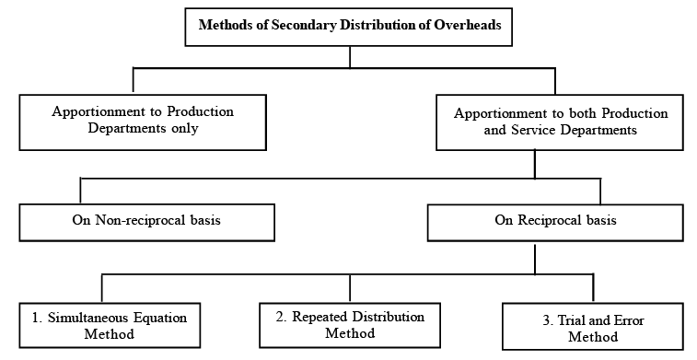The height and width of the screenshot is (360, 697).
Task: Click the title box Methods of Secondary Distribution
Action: click(350, 26)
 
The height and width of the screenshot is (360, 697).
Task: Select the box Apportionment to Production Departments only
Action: click(142, 121)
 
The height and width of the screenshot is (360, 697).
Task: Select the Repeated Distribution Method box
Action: click(350, 324)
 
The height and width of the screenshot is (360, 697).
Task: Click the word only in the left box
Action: click(183, 128)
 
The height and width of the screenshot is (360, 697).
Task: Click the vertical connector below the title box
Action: click(350, 56)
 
